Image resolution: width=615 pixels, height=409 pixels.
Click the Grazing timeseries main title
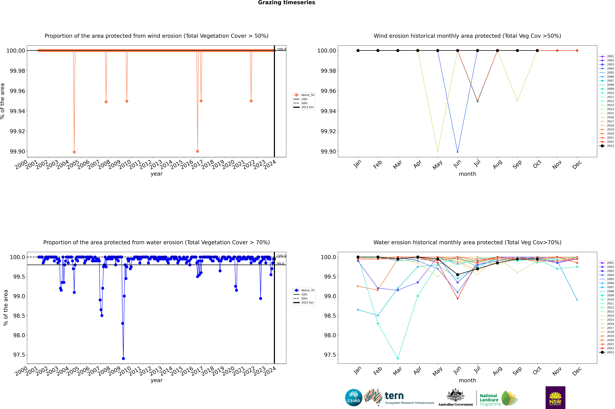point(287,3)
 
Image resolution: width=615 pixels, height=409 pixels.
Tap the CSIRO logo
point(353,398)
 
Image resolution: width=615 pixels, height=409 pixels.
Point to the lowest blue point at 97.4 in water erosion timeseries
point(123,358)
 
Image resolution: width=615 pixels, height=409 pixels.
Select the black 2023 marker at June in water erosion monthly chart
point(458,275)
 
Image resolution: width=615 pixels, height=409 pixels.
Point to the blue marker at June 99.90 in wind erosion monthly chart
point(458,152)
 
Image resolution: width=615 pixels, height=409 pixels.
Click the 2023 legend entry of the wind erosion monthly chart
point(607,146)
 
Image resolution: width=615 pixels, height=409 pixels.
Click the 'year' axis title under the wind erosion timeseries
point(156,174)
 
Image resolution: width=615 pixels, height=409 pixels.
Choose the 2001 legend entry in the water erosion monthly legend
point(607,263)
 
